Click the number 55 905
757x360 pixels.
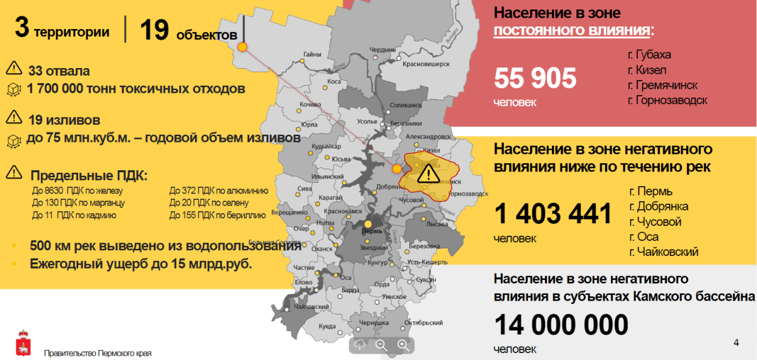(535, 79)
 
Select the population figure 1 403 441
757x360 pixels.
(553, 214)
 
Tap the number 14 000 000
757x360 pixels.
(561, 326)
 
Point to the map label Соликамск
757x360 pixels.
(405, 105)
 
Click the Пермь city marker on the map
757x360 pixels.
(368, 224)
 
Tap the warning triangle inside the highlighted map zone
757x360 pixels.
(428, 173)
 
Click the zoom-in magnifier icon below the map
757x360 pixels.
(403, 345)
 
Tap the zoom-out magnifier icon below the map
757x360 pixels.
(381, 345)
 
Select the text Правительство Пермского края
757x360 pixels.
(98, 353)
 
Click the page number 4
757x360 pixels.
(736, 342)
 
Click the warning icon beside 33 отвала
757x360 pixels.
(13, 70)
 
